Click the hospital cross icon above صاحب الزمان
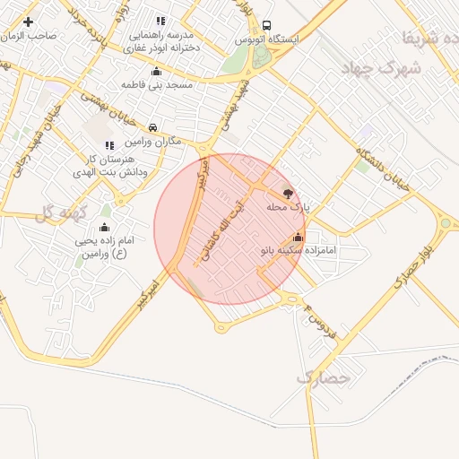point(29,22)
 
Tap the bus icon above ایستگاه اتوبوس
point(267,26)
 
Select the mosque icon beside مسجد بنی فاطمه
point(157,71)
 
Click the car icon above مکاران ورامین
point(154,128)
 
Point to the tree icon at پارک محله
point(287,193)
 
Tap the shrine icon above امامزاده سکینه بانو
point(298,237)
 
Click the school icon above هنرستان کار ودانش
point(109,145)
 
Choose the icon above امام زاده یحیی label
point(104,228)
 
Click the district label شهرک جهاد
point(385,67)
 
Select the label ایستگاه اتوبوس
point(267,40)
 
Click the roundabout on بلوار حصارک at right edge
point(446,222)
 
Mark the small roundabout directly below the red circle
point(221,328)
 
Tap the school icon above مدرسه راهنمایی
point(160,21)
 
